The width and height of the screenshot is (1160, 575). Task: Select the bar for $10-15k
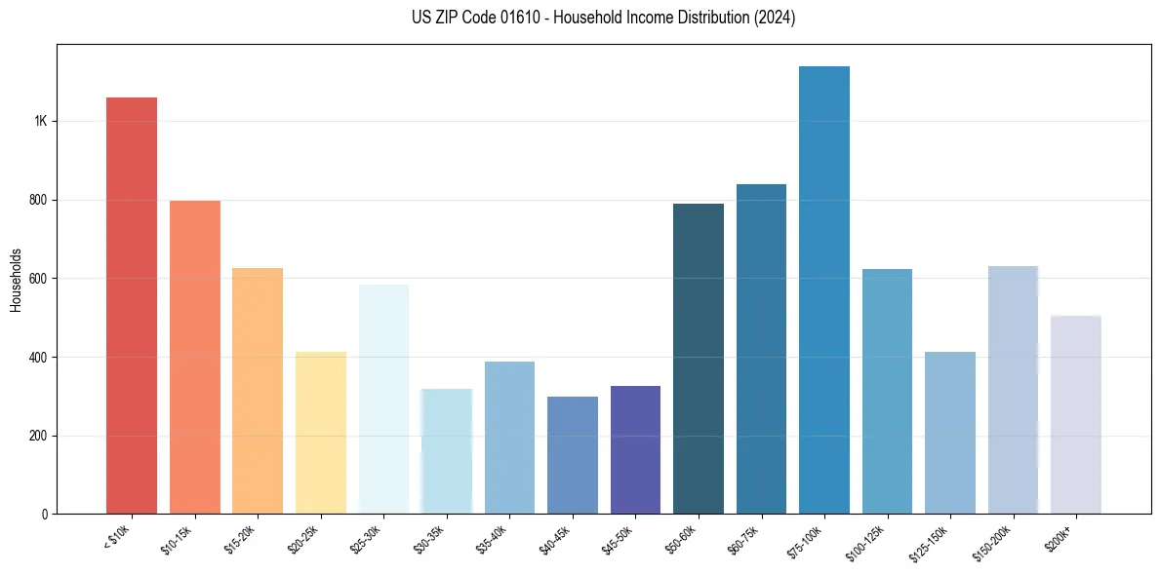point(195,357)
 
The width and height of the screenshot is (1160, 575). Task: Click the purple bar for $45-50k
point(635,449)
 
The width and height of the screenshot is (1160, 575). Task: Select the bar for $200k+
point(1076,414)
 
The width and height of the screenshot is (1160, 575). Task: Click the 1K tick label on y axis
point(40,122)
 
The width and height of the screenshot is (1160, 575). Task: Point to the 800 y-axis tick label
point(38,200)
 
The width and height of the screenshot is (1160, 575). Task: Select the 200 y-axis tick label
point(38,436)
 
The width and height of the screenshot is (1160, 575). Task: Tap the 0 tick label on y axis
point(45,514)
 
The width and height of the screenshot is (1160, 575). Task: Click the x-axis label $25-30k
point(366,539)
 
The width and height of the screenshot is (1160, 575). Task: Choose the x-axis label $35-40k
point(492,539)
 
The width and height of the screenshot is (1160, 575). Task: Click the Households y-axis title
point(17,279)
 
